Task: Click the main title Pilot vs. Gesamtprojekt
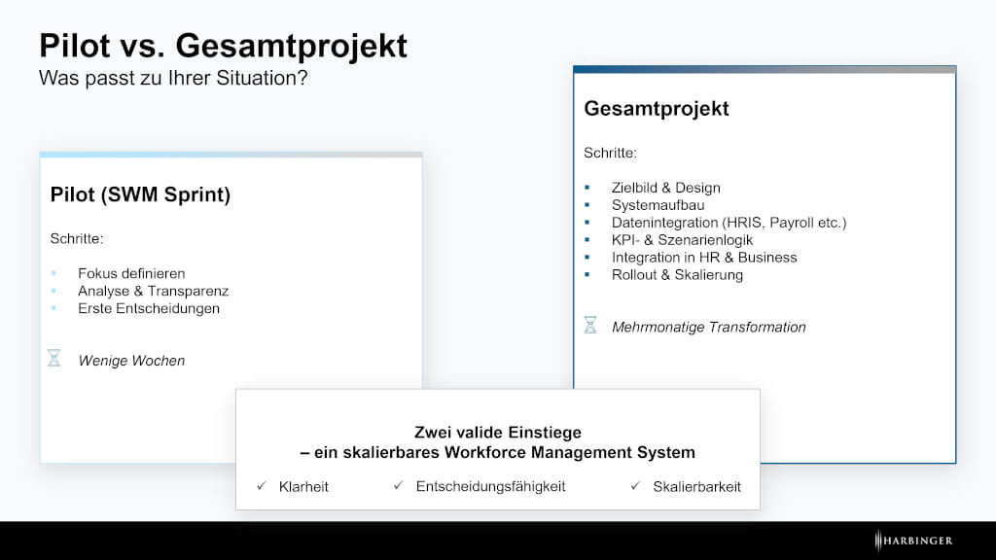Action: (223, 47)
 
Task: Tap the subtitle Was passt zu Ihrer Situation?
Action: (173, 78)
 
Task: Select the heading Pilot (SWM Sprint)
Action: (140, 194)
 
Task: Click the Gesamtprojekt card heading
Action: (657, 109)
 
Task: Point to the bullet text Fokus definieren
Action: (131, 273)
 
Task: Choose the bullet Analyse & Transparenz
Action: (153, 291)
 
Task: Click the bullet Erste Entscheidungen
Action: (149, 308)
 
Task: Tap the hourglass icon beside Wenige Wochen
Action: (54, 358)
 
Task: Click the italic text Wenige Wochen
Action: (131, 361)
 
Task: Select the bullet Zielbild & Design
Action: (665, 188)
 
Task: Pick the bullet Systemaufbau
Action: (658, 205)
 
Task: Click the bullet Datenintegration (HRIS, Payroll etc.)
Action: (729, 223)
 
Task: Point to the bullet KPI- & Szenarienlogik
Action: (682, 240)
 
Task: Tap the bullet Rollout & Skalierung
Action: (677, 275)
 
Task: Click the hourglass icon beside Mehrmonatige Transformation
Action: (590, 325)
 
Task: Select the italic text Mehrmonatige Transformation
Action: (708, 327)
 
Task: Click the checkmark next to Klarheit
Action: (262, 486)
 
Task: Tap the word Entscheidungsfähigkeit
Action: (490, 486)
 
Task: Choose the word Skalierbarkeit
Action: (696, 487)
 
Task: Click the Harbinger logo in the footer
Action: (913, 541)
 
